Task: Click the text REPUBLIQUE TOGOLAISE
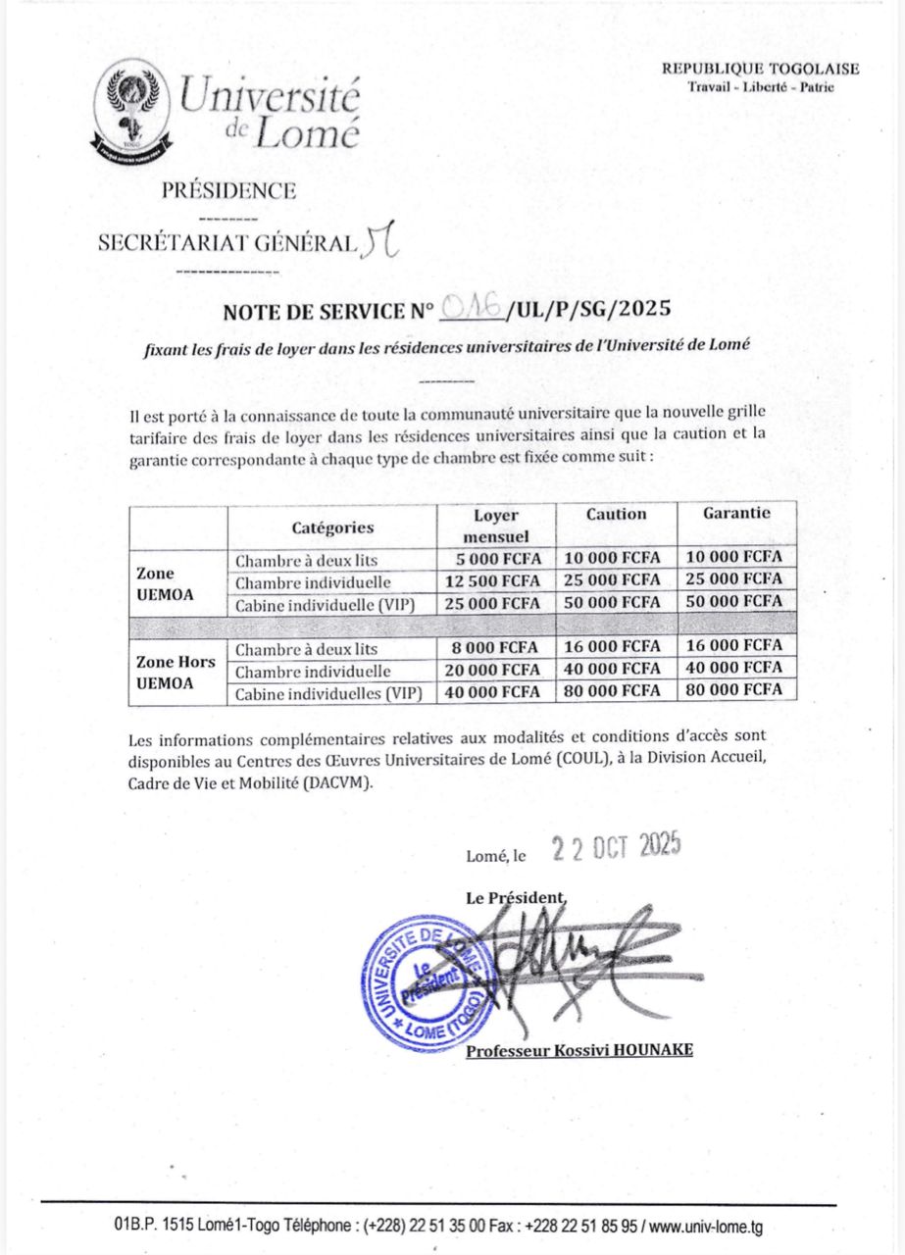point(760,69)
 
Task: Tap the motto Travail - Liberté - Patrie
point(761,86)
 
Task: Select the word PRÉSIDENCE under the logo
point(229,191)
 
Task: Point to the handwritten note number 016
point(472,309)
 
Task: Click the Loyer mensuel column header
point(496,526)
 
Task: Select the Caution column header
point(617,514)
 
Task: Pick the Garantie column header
point(736,513)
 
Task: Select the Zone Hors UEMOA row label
point(176,671)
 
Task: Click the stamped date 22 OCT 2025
point(616,847)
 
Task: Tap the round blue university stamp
point(425,981)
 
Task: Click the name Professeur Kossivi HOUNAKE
point(579,1050)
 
